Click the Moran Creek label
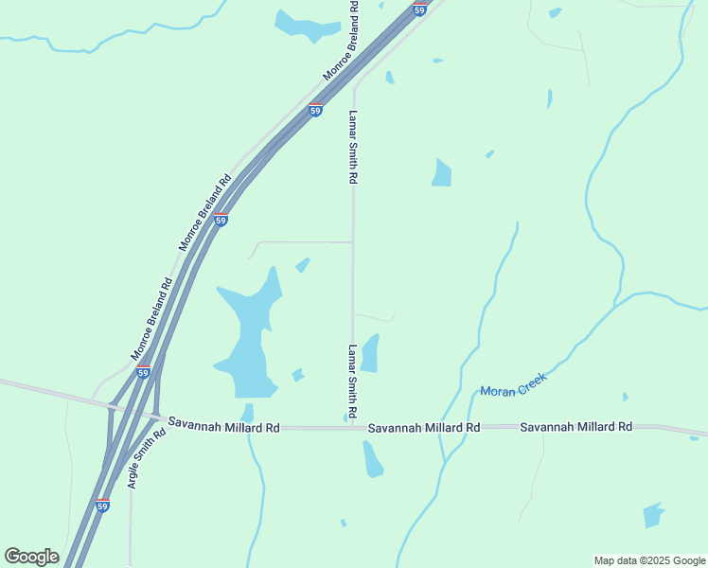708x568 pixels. click(x=514, y=383)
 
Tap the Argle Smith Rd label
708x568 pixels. click(x=147, y=458)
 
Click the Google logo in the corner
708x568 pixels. click(x=31, y=557)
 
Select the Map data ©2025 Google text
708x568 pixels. click(x=649, y=560)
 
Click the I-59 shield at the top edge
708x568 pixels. click(x=419, y=9)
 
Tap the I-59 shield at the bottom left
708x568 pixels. click(x=102, y=506)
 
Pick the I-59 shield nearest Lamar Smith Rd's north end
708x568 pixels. click(x=315, y=110)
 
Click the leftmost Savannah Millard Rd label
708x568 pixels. click(x=223, y=428)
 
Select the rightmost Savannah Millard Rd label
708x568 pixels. click(x=575, y=427)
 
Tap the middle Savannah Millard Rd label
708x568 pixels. click(x=424, y=428)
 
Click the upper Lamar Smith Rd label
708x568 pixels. click(x=353, y=147)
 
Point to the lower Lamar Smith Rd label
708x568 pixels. click(x=353, y=382)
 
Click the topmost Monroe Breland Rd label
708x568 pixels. click(x=342, y=40)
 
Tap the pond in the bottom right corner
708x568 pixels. click(x=653, y=515)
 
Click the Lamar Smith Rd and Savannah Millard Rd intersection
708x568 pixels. click(x=353, y=428)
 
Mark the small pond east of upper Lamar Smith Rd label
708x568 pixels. click(x=442, y=173)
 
